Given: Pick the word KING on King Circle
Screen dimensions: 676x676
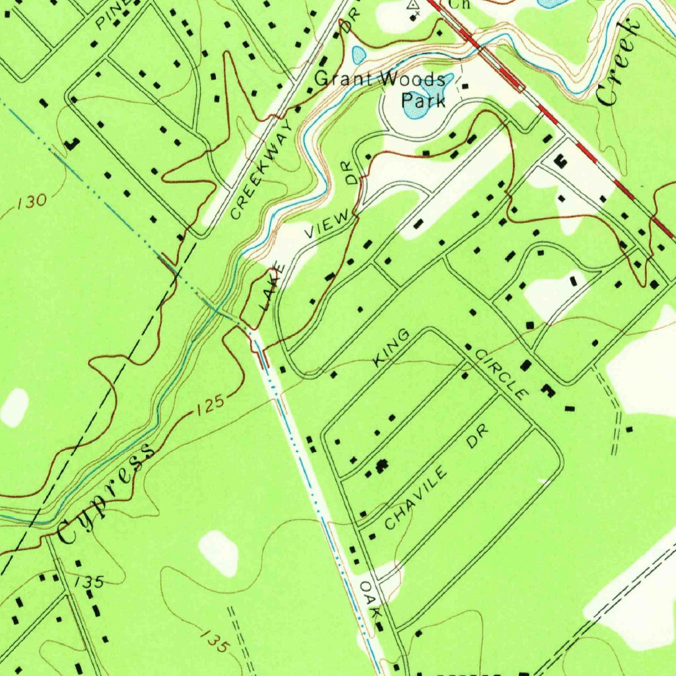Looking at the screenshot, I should (x=392, y=349).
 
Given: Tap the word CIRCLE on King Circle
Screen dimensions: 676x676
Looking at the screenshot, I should (x=502, y=375).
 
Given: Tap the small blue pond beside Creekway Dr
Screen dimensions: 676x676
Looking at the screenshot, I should (x=358, y=55).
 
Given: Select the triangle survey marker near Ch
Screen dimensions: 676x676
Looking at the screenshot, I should (x=414, y=5).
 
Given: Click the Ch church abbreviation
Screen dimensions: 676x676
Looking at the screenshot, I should (x=457, y=4).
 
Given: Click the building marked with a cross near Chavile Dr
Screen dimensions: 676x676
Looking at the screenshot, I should (x=380, y=467).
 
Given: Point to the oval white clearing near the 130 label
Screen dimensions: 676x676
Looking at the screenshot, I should (x=15, y=407).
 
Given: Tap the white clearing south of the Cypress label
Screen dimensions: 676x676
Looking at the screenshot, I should (x=219, y=552).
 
